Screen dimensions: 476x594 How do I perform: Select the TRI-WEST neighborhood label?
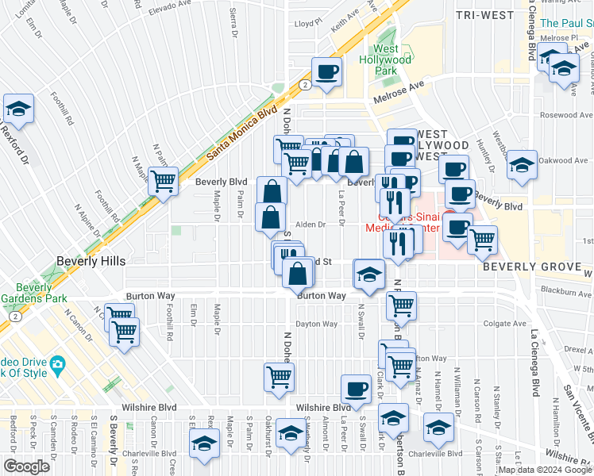[480, 15]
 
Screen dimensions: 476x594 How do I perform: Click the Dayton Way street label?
[316, 324]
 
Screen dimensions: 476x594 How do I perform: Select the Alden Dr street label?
[310, 225]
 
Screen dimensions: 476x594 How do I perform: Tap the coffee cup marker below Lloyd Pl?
[326, 73]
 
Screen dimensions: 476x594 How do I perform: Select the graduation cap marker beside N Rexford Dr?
[18, 110]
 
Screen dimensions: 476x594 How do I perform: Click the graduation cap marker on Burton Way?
[368, 274]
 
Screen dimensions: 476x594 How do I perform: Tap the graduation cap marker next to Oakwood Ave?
[521, 165]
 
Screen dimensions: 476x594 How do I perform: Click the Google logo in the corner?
[26, 466]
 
